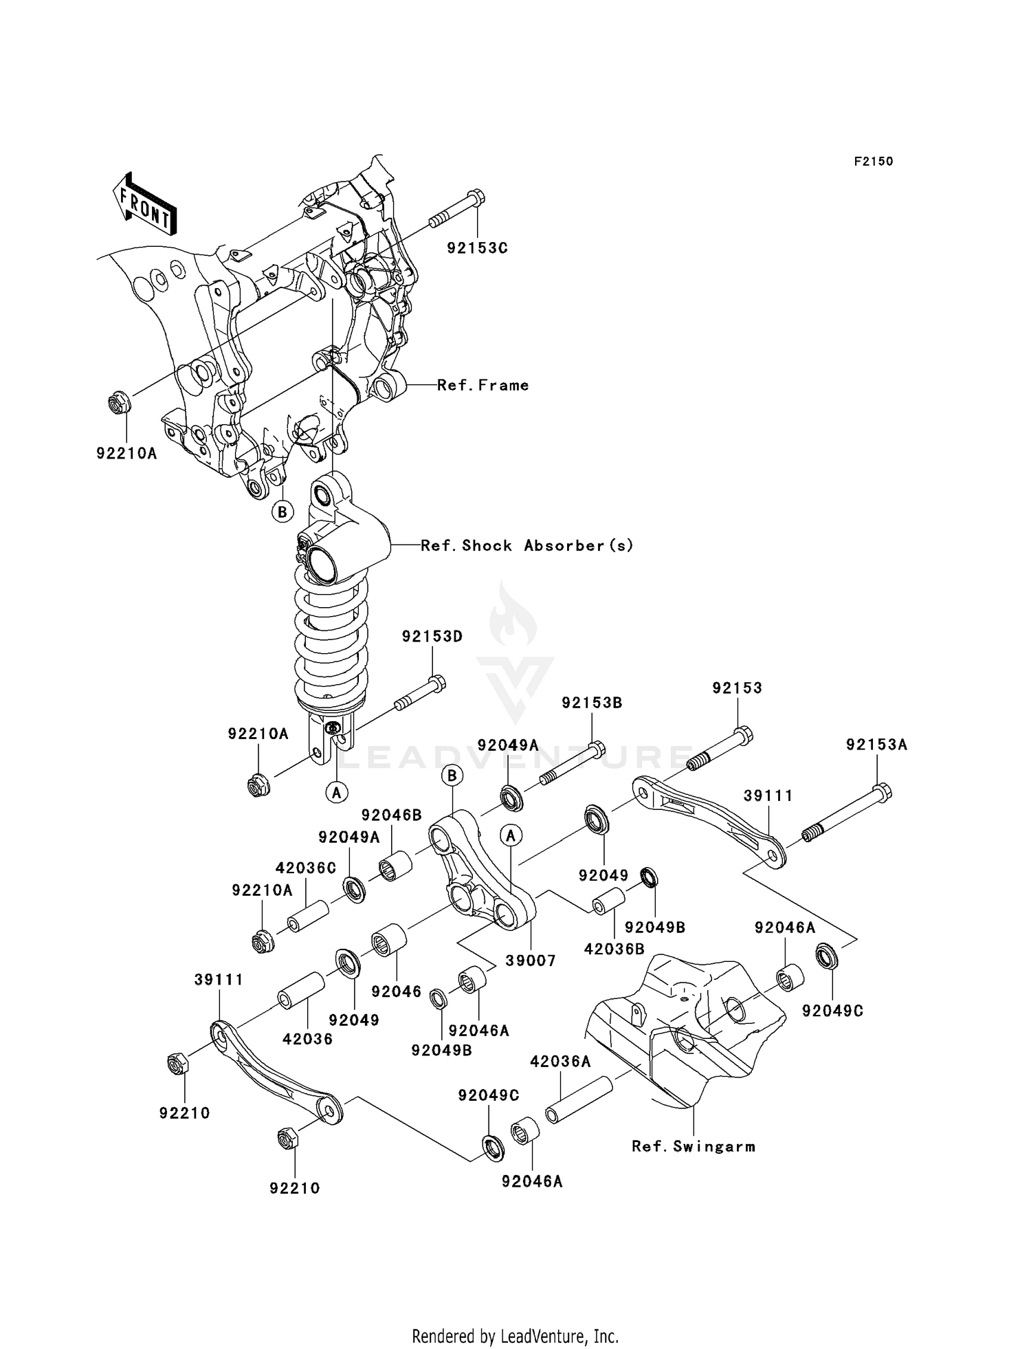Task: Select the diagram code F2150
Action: point(873,162)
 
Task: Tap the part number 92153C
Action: point(477,248)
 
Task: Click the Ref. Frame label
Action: point(483,386)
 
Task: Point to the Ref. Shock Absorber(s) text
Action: point(526,546)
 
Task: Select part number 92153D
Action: point(432,637)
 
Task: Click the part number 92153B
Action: point(592,703)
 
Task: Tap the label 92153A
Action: point(876,745)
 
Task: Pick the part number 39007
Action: point(530,960)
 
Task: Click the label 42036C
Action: point(306,868)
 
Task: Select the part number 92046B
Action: point(391,815)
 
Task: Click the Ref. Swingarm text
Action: point(694,1146)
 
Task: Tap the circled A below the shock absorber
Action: point(336,793)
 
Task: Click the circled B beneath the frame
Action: point(282,512)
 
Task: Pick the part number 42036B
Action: point(614,950)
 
